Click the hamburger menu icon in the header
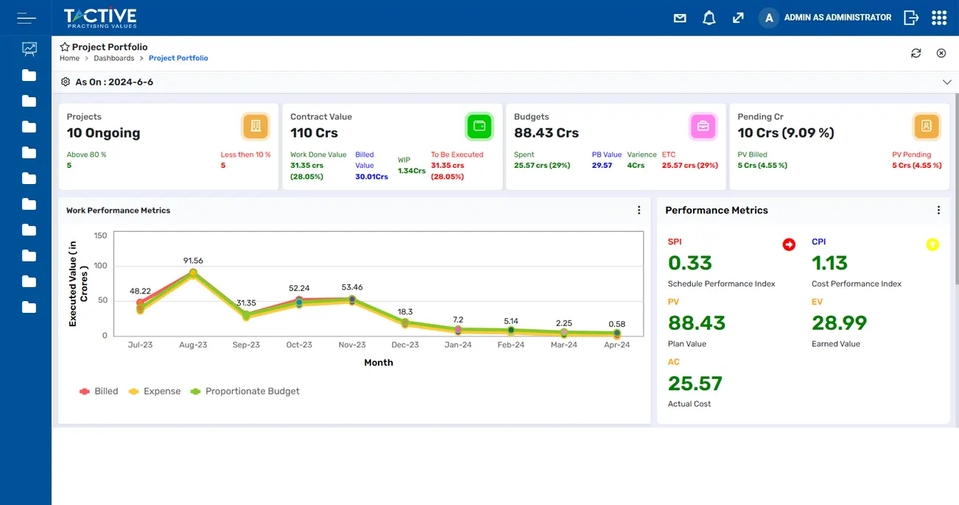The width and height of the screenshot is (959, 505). click(x=27, y=18)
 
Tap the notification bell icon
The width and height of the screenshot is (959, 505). click(x=709, y=18)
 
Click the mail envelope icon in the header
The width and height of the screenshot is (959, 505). click(x=680, y=18)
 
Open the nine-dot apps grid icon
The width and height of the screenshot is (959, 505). click(x=938, y=18)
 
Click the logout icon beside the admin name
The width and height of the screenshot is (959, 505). click(x=911, y=18)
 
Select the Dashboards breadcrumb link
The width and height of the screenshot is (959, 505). click(x=113, y=58)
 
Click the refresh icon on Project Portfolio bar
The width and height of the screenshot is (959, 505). click(x=916, y=53)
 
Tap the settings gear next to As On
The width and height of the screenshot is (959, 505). click(x=66, y=82)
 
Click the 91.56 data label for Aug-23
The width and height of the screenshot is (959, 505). click(x=193, y=261)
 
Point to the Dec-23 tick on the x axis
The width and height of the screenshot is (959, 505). click(x=404, y=345)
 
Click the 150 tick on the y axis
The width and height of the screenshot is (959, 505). click(x=100, y=236)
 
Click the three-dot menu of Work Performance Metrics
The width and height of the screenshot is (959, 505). click(x=639, y=211)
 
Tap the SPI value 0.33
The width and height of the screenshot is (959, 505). click(x=689, y=263)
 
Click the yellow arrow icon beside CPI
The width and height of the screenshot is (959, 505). click(x=932, y=244)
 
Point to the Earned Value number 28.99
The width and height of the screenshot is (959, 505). click(x=839, y=323)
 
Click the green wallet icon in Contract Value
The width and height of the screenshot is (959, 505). click(x=479, y=126)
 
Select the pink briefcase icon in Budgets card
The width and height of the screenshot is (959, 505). click(x=703, y=126)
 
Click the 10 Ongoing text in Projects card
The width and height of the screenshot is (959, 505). click(x=103, y=133)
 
